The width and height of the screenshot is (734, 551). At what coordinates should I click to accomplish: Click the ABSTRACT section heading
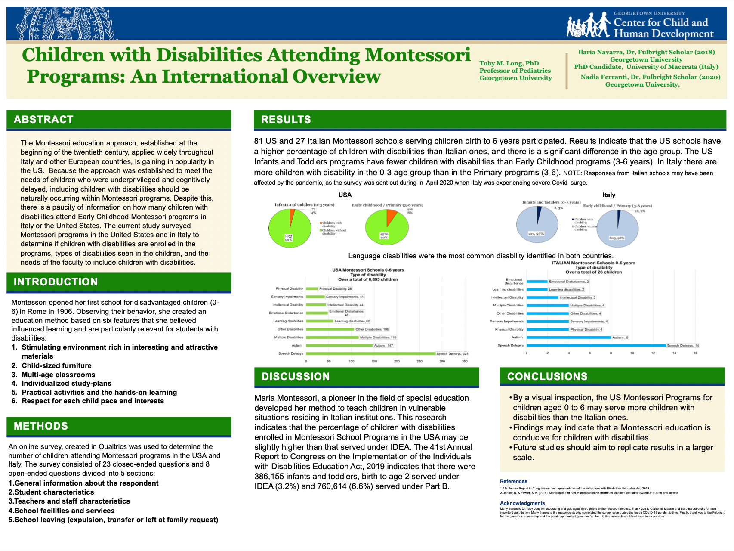43,120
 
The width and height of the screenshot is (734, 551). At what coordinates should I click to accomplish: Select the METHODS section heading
41,426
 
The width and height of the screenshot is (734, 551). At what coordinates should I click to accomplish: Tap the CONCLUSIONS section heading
547,377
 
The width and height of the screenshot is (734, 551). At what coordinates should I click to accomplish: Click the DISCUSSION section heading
296,377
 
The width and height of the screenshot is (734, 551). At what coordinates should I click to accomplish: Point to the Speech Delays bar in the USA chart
370,354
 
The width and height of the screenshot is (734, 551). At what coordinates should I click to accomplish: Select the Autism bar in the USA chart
339,346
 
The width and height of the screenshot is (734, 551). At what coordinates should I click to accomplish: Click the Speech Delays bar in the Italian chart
596,346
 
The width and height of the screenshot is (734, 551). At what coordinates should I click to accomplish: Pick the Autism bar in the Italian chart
568,337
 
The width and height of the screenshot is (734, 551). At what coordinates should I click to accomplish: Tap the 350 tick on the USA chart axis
465,361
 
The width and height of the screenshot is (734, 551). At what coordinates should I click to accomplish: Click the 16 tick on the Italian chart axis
695,353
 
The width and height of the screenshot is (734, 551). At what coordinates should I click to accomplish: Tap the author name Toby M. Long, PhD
509,63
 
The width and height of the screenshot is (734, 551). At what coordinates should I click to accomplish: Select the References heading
513,481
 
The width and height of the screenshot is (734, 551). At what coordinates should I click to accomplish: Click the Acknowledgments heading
522,503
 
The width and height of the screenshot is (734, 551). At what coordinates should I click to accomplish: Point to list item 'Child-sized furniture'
56,366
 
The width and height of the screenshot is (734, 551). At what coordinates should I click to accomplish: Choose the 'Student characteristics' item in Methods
54,492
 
